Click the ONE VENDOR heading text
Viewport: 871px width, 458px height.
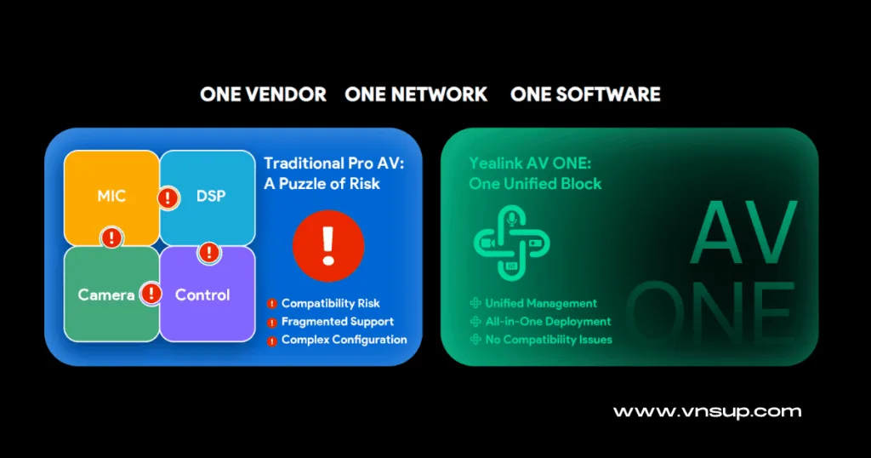[x=263, y=94]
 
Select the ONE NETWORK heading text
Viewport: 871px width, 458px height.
[x=416, y=94]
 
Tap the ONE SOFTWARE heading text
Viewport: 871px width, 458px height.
[x=585, y=94]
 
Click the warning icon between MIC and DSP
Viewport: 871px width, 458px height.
[x=168, y=198]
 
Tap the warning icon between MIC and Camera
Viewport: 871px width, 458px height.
[x=111, y=238]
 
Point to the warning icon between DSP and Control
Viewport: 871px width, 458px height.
[x=209, y=253]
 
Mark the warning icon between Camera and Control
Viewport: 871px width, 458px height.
[x=151, y=295]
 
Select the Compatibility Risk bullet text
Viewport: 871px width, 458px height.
[x=330, y=303]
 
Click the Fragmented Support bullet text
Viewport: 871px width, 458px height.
[x=337, y=322]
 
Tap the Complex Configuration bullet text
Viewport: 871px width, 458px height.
[x=344, y=340]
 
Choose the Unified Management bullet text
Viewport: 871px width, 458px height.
[x=541, y=303]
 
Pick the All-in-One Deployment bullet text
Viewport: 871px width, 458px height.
[x=548, y=322]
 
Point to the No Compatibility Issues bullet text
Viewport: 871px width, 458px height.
[x=549, y=340]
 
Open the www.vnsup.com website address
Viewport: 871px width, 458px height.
[x=707, y=412]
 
